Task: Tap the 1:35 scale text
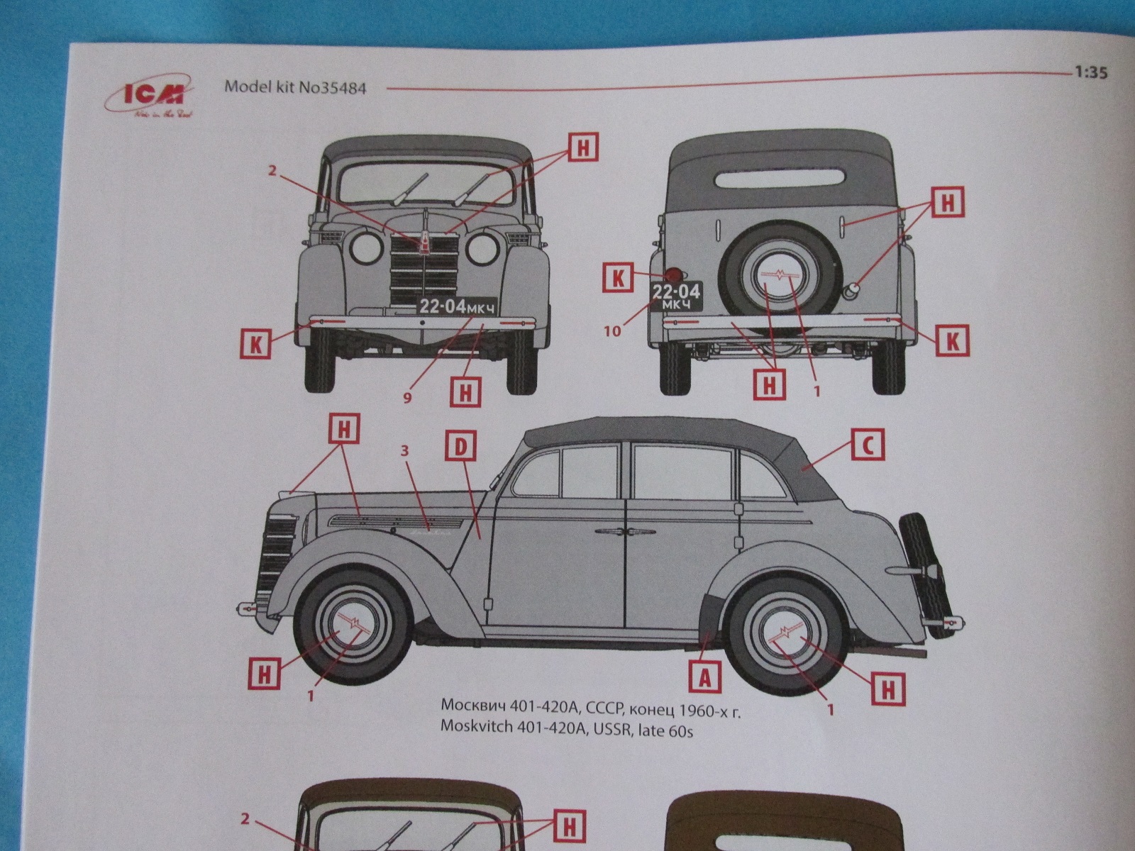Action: [x=1090, y=72]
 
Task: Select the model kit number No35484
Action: [x=295, y=88]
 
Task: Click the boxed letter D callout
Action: [x=460, y=447]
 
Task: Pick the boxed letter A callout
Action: [x=704, y=678]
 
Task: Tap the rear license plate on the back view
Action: [x=676, y=296]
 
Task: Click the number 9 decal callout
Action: [x=407, y=398]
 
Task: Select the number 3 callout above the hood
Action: [x=405, y=450]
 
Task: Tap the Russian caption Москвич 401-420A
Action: [x=590, y=707]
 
